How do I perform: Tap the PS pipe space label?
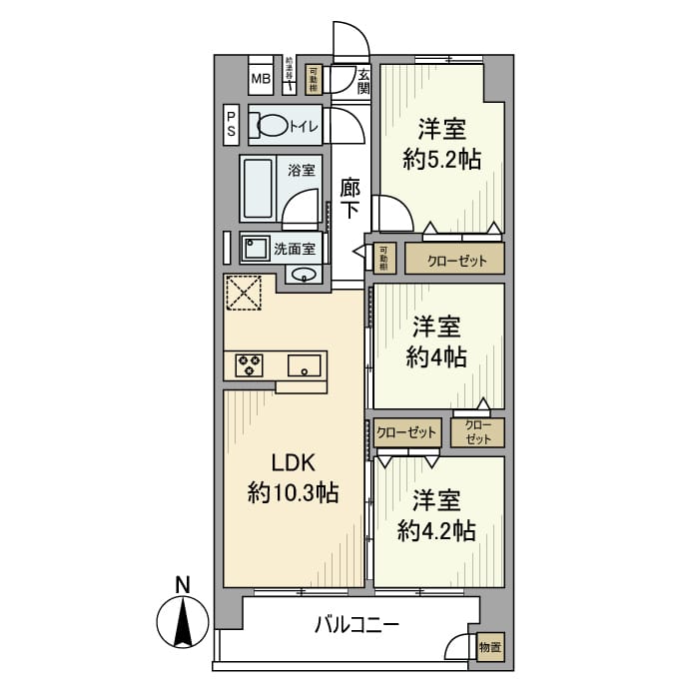pyautogui.click(x=231, y=124)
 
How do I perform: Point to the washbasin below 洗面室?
pyautogui.click(x=306, y=275)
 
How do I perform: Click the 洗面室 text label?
pyautogui.click(x=295, y=248)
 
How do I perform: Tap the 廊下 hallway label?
pyautogui.click(x=349, y=198)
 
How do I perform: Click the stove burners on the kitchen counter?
pyautogui.click(x=249, y=365)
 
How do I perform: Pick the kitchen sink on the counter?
pyautogui.click(x=305, y=365)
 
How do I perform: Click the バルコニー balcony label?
pyautogui.click(x=356, y=626)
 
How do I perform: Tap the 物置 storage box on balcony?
pyautogui.click(x=490, y=647)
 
